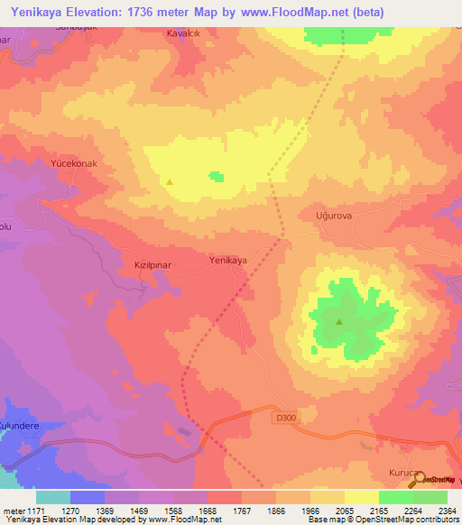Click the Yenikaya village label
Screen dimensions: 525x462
point(228,260)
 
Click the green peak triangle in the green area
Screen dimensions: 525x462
point(339,321)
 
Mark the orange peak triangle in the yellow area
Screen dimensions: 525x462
point(170,181)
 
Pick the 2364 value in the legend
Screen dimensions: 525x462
point(448,511)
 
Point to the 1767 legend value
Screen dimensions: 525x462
point(242,511)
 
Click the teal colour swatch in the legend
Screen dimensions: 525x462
point(53,497)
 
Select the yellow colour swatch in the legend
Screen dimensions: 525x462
point(362,497)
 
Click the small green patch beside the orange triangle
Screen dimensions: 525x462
point(216,176)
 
